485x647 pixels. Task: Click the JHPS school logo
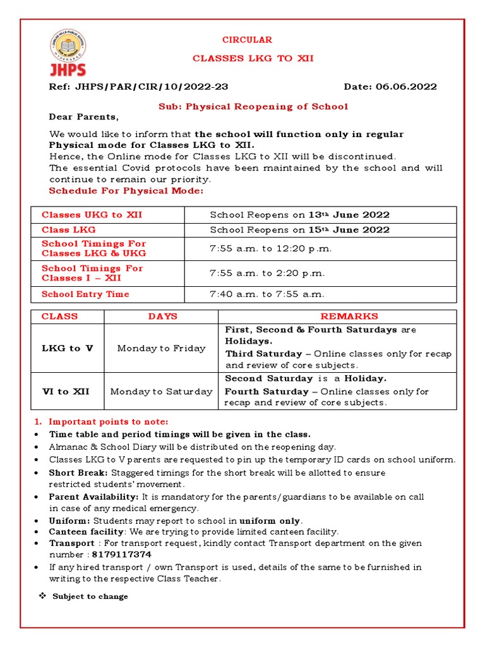(x=68, y=54)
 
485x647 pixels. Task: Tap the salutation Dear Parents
(x=83, y=117)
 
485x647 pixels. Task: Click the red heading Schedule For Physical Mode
(x=126, y=191)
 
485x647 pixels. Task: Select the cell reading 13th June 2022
(x=299, y=215)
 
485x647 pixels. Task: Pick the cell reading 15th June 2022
(x=299, y=230)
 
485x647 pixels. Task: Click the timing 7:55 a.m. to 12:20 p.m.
(x=270, y=248)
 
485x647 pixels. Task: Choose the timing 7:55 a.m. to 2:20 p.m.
(x=267, y=273)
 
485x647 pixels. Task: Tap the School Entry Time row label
(x=85, y=294)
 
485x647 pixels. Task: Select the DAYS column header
(x=162, y=317)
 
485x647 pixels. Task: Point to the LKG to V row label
(x=67, y=348)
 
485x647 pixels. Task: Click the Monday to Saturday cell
(x=161, y=392)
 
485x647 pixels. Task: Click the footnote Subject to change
(x=90, y=596)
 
